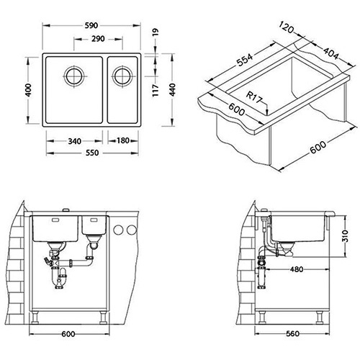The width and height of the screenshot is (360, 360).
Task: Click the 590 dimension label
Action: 91,25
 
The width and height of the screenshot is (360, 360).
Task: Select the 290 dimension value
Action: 98,39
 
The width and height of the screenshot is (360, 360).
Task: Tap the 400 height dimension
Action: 28,90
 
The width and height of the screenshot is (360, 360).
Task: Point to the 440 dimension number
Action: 172,90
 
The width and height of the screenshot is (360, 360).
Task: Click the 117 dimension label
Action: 156,90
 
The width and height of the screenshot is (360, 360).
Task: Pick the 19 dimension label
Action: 156,32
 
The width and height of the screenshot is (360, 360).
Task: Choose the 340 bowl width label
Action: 74,141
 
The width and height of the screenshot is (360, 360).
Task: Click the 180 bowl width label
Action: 123,140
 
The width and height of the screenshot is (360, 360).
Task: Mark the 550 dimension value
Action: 92,153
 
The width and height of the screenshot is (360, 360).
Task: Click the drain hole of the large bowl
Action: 75,76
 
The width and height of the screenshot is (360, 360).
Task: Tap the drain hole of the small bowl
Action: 122,76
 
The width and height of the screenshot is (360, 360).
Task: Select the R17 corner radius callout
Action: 255,97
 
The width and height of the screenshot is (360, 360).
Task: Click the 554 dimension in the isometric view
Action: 245,60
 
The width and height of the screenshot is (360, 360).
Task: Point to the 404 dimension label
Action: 331,54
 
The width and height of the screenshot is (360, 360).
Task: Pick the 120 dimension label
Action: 287,27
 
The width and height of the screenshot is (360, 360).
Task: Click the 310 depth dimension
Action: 345,236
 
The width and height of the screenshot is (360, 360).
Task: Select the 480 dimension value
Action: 297,269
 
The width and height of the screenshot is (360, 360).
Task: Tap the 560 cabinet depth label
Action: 292,333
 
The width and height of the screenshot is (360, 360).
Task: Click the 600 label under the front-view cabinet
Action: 68,334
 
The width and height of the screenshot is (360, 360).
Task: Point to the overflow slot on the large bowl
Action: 55,220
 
